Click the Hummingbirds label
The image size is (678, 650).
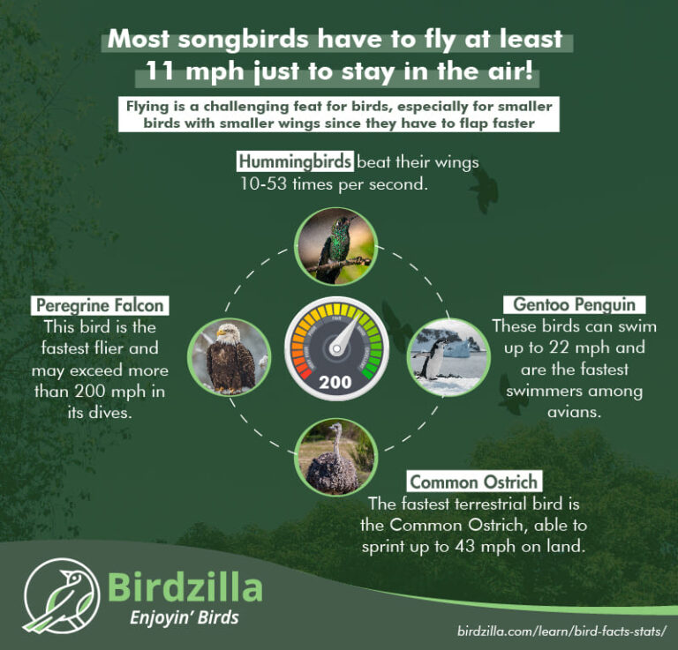click(x=296, y=162)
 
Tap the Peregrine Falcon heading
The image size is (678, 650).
click(x=99, y=305)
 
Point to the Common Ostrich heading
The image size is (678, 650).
click(x=474, y=482)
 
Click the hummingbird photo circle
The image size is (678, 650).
click(x=336, y=246)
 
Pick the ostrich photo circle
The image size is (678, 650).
click(x=335, y=457)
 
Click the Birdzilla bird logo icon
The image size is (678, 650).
click(x=60, y=595)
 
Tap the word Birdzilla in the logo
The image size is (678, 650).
click(x=185, y=586)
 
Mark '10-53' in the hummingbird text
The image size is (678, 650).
click(x=262, y=183)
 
